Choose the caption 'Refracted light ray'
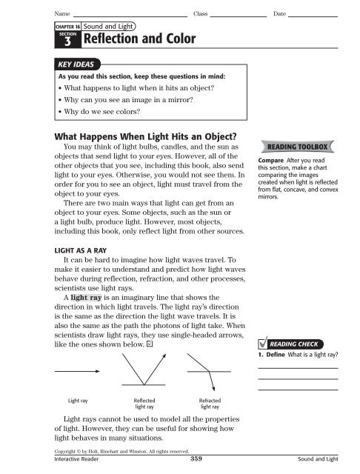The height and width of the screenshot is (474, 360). tap(210, 404)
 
